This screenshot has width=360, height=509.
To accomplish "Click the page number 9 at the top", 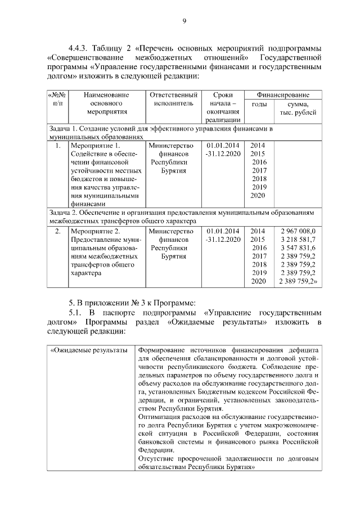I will [184, 21].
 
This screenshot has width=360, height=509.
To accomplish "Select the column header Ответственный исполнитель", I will [173, 100].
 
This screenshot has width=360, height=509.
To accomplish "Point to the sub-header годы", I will [259, 104].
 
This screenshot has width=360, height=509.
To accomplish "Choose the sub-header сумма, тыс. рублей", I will [298, 108].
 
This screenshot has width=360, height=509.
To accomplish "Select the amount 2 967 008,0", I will [298, 231].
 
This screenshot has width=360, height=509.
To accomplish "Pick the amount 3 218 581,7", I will [298, 239].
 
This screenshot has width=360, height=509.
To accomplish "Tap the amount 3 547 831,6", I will [298, 247].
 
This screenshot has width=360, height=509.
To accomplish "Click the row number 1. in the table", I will [57, 146].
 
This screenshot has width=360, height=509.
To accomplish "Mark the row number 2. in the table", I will [57, 231].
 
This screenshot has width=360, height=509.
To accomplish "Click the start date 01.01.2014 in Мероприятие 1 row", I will [223, 146].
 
